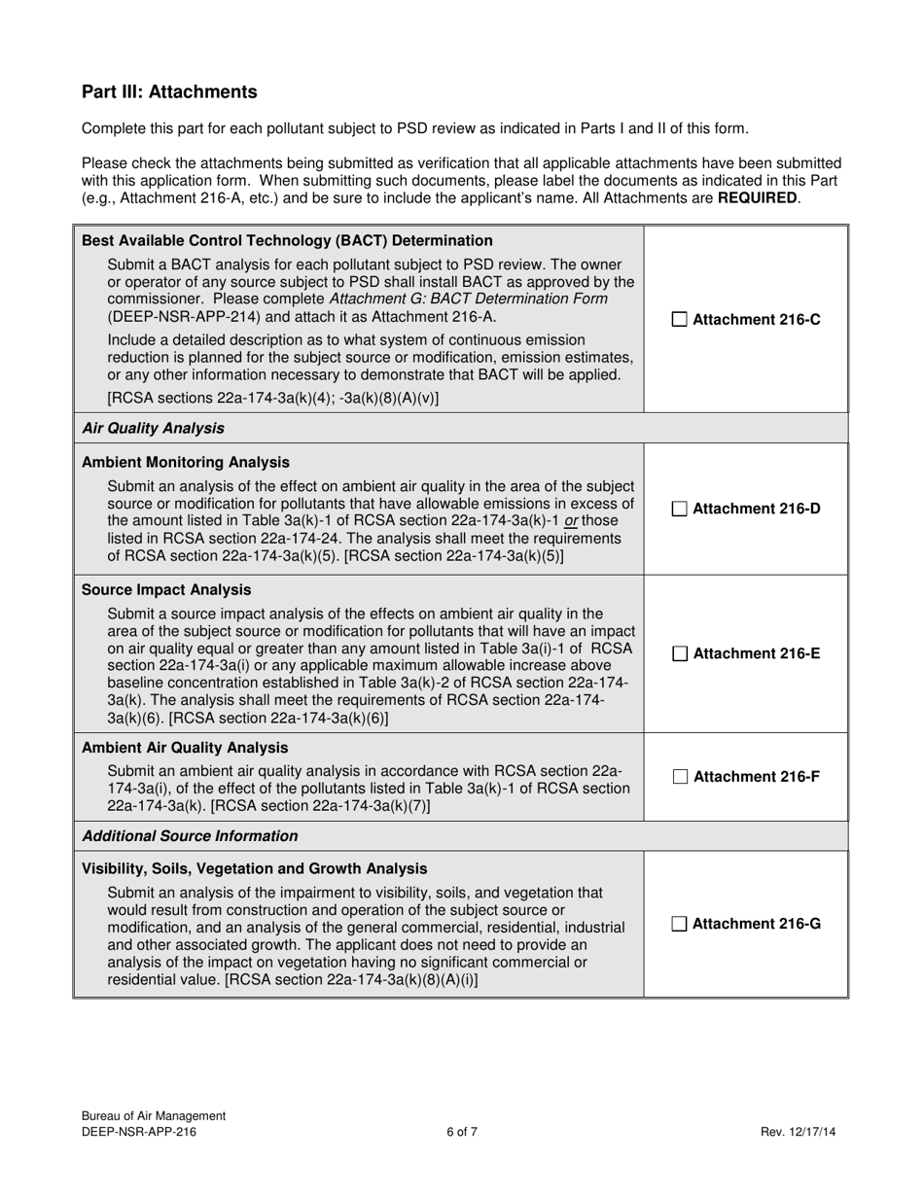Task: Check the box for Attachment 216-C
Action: (x=680, y=319)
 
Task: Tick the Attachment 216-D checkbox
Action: (x=680, y=509)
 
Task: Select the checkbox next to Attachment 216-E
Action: (x=680, y=654)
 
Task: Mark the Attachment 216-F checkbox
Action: (x=680, y=777)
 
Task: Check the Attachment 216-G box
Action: (x=680, y=924)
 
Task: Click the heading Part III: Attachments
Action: (x=169, y=92)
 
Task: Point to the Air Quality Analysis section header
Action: (x=153, y=428)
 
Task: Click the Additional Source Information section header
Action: (x=190, y=836)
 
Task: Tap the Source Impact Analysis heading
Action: (x=153, y=590)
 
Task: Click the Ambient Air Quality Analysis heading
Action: (x=185, y=748)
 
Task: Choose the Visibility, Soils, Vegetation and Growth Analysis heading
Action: (x=254, y=868)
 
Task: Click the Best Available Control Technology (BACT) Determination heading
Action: (x=287, y=240)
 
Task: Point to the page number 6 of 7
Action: (x=462, y=1132)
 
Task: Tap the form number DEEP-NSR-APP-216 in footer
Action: (x=146, y=1132)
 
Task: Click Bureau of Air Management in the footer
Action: (x=154, y=1116)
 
